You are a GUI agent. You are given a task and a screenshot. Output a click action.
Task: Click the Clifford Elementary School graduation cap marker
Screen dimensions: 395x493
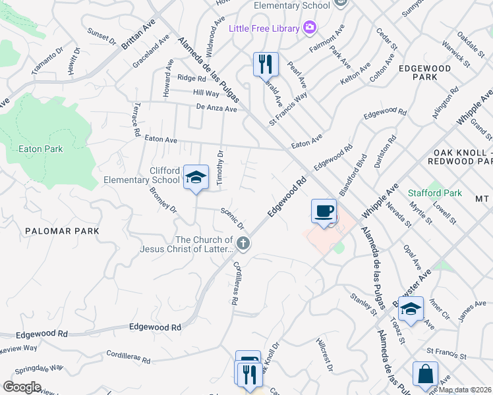click(195, 177)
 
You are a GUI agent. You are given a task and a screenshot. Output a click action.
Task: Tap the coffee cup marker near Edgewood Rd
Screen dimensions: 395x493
click(324, 211)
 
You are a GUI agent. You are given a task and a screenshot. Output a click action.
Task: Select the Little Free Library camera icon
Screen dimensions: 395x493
click(309, 28)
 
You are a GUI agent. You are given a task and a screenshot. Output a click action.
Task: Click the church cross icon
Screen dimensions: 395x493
click(243, 244)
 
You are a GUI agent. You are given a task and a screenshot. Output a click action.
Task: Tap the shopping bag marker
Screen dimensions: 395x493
click(425, 374)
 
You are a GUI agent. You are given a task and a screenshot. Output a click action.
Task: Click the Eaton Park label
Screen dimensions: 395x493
click(41, 149)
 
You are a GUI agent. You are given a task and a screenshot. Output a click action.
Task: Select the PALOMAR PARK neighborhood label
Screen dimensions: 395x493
click(62, 231)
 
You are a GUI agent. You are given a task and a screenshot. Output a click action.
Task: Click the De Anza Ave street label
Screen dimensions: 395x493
click(216, 108)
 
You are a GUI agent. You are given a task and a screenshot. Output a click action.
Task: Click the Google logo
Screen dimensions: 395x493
click(22, 387)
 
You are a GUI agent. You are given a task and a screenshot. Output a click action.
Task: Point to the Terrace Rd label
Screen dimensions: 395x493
click(136, 118)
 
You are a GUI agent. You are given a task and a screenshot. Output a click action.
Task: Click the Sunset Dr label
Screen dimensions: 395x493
click(101, 36)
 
